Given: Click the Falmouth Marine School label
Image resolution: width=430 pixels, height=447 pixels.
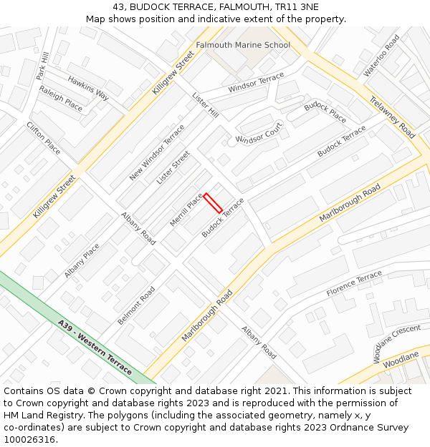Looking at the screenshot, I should point(243,45).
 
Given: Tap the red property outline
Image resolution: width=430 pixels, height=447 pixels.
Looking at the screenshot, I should point(213,203).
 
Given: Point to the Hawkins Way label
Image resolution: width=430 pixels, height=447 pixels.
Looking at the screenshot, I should point(88,89).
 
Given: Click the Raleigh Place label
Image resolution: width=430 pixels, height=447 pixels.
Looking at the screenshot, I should point(60,99).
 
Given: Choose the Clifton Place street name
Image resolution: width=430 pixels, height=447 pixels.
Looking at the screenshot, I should point(43,137).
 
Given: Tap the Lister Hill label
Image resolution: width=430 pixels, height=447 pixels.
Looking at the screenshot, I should point(205,104).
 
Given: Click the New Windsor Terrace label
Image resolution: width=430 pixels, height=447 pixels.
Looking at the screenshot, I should point(157,152).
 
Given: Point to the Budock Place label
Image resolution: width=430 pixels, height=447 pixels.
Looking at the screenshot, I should point(325,112).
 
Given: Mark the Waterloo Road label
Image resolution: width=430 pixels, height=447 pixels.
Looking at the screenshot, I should point(381,56).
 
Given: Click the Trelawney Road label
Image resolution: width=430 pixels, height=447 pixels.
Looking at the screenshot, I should point(393,117).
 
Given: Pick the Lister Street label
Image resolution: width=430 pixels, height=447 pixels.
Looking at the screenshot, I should point(173,167).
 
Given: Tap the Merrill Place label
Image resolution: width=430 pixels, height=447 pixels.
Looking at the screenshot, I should point(187,210).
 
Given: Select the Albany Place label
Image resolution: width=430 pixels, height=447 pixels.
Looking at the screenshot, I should point(82,261).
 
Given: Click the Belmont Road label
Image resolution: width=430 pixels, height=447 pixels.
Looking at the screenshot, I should point(136,306).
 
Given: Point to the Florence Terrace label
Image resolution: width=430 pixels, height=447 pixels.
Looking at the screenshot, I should point(354,284).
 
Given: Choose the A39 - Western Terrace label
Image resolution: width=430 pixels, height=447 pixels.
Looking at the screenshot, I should point(95,348).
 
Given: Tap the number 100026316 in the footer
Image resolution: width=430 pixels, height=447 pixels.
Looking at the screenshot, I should point(29,439).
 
